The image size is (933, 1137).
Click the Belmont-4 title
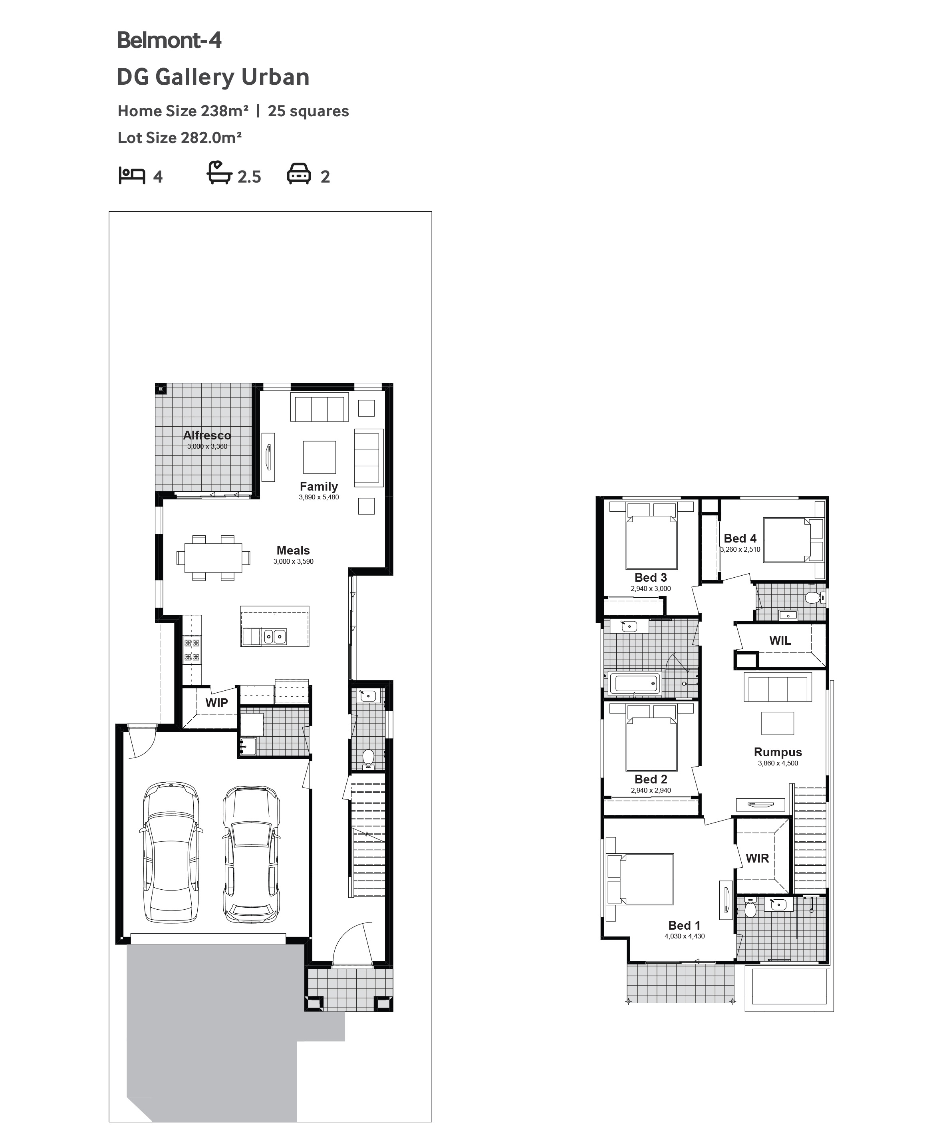[169, 40]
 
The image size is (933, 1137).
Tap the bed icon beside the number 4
[132, 175]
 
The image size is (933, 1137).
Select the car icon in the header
[299, 175]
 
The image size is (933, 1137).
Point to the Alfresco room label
[207, 435]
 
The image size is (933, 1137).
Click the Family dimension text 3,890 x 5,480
[319, 497]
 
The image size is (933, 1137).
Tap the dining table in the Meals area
[213, 557]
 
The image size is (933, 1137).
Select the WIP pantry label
[216, 703]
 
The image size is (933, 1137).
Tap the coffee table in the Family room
[319, 457]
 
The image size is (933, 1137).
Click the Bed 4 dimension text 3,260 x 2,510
[740, 549]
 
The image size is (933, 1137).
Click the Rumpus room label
[778, 752]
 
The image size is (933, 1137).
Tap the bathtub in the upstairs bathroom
[634, 684]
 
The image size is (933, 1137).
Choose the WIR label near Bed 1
[757, 859]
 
